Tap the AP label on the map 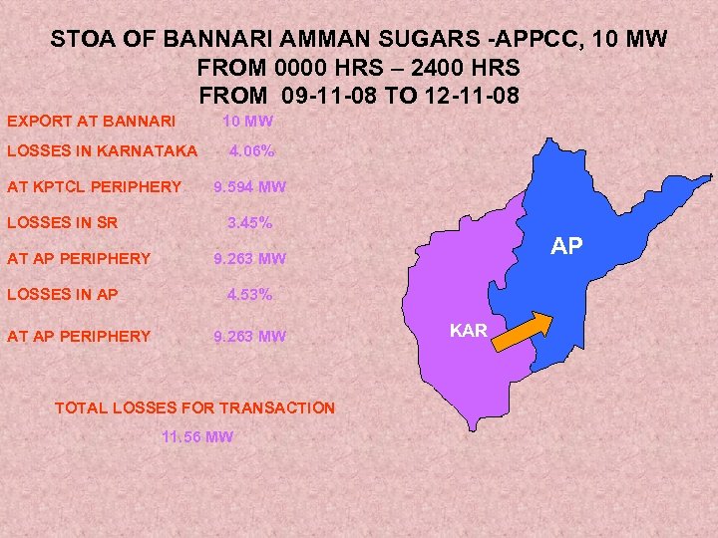[x=566, y=246]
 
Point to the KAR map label [x=468, y=330]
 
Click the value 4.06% [x=252, y=152]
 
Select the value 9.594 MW [x=249, y=187]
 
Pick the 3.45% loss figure [x=249, y=223]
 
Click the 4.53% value [x=249, y=295]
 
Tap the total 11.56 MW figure [x=196, y=437]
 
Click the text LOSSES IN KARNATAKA [x=103, y=152]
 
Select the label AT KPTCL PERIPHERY [x=95, y=187]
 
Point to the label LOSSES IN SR [x=62, y=223]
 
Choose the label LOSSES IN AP [x=63, y=295]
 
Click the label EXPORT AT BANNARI [x=92, y=122]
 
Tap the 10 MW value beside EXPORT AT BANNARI [x=247, y=122]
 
